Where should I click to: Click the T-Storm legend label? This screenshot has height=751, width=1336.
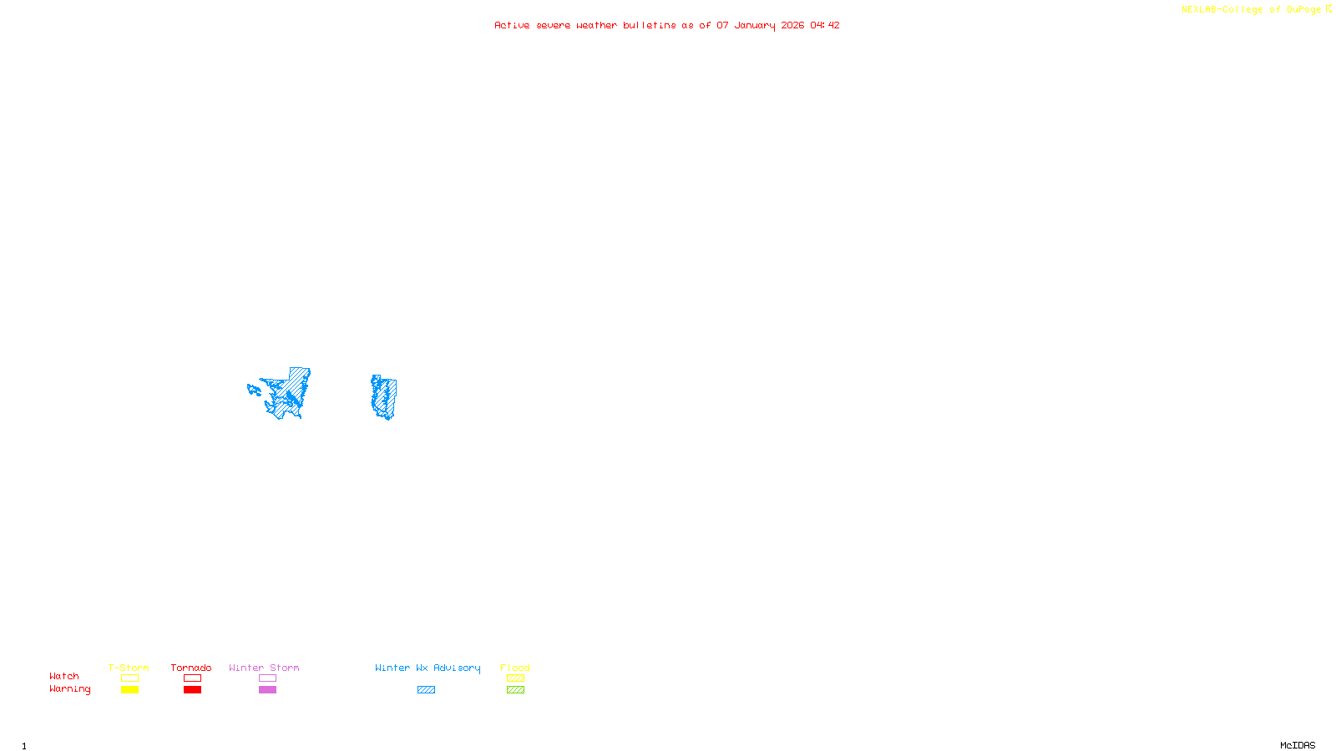tap(129, 668)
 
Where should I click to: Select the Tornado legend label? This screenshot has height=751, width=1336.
tap(191, 668)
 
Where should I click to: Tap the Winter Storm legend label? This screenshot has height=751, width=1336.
tap(264, 668)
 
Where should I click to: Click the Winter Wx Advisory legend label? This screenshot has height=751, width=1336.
tap(428, 668)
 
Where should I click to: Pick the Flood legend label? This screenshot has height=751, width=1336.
tap(515, 668)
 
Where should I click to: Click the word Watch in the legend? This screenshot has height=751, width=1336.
tap(64, 676)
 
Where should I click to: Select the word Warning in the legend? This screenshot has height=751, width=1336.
tap(69, 689)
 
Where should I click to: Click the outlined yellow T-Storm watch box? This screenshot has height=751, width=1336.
tap(129, 678)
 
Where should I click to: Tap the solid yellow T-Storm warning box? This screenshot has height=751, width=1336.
tap(129, 690)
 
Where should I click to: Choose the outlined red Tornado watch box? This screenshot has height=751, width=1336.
tap(192, 678)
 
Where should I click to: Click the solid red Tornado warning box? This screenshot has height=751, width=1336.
tap(192, 690)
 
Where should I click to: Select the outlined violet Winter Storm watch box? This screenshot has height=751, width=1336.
tap(267, 678)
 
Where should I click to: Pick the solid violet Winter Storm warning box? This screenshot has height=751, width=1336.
tap(267, 690)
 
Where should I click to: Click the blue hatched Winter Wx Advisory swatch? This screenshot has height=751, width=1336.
tap(426, 690)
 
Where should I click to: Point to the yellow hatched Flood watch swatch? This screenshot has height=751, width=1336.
tap(515, 678)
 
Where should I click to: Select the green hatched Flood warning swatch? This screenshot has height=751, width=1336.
tap(515, 690)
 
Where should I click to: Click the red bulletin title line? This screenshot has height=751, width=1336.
tap(666, 25)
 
